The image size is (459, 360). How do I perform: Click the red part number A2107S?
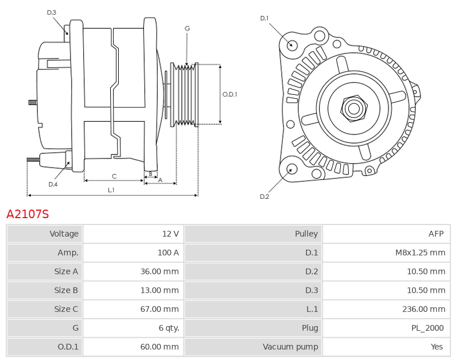pyautogui.click(x=28, y=214)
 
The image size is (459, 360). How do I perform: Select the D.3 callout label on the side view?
pyautogui.click(x=52, y=13)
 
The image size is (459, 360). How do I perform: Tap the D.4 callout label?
pyautogui.click(x=53, y=184)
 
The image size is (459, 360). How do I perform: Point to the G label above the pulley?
pyautogui.click(x=188, y=28)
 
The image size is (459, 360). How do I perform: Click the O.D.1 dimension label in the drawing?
pyautogui.click(x=230, y=94)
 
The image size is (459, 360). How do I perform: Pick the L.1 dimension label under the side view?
pyautogui.click(x=111, y=190)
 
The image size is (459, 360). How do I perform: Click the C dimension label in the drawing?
pyautogui.click(x=114, y=176)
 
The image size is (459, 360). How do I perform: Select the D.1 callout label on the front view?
pyautogui.click(x=264, y=18)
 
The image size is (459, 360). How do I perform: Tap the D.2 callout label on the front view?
pyautogui.click(x=264, y=196)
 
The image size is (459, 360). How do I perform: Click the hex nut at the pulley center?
pyautogui.click(x=354, y=109)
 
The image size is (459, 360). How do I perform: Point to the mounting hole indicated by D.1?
pyautogui.click(x=291, y=45)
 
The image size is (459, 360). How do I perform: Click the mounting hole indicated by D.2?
pyautogui.click(x=291, y=169)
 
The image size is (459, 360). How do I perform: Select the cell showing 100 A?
pyautogui.click(x=134, y=253)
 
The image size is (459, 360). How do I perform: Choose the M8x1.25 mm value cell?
pyautogui.click(x=386, y=253)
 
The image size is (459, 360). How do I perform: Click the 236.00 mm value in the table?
pyautogui.click(x=423, y=309)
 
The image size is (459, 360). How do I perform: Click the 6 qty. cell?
pyautogui.click(x=134, y=328)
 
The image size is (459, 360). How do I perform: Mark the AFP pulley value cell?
pyautogui.click(x=386, y=234)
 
